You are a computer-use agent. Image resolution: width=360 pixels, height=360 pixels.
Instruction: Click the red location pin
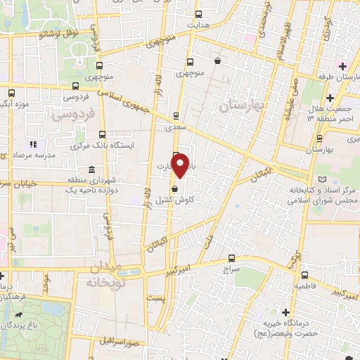[181, 165]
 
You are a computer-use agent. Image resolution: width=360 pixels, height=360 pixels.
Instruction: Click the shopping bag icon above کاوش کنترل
[175, 189]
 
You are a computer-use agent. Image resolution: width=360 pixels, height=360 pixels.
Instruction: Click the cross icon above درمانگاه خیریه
[285, 311]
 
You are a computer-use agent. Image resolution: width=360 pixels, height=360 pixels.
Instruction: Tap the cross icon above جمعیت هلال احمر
[342, 67]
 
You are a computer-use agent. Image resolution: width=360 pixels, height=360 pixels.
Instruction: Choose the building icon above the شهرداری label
[92, 170]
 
